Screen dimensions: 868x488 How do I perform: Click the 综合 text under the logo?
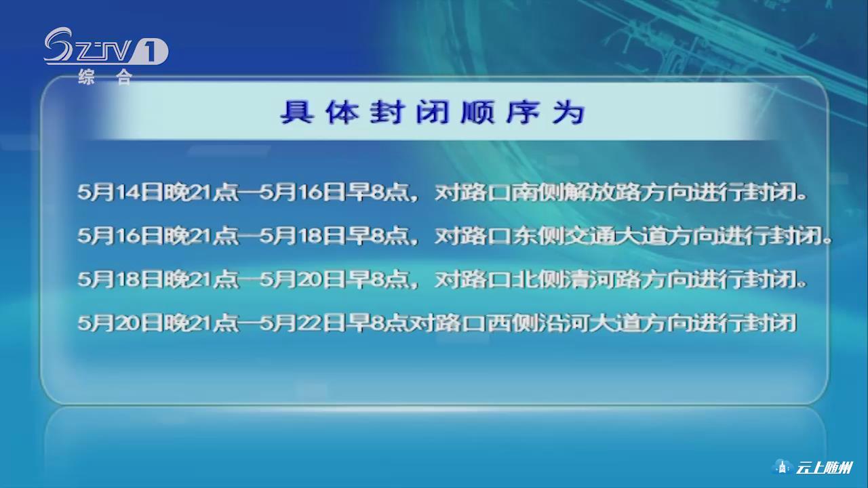[105, 77]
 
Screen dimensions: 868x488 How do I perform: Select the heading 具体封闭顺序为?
[433, 113]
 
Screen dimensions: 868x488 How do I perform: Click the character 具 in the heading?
[296, 113]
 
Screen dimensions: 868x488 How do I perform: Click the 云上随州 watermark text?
[824, 468]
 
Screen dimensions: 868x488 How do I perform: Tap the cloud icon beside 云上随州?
[783, 467]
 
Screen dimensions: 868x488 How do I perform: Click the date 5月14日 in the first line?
[119, 192]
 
